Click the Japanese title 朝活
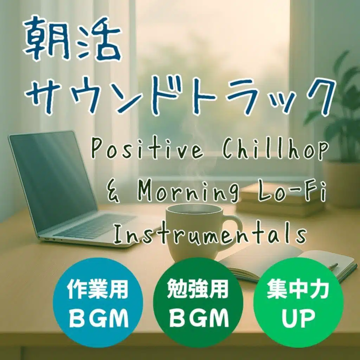[72, 39]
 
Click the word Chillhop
[275, 149]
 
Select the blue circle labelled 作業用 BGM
[98, 303]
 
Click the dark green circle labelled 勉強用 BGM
[198, 303]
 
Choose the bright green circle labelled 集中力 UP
[298, 303]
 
